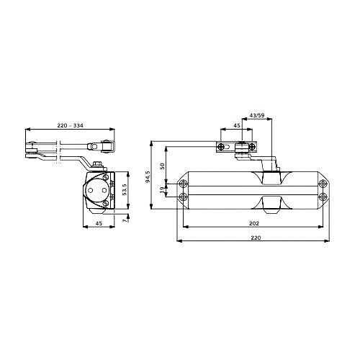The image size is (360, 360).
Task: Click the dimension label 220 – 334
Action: point(70,125)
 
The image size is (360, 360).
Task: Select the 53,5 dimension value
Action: point(125,189)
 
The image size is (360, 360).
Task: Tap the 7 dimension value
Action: point(125,220)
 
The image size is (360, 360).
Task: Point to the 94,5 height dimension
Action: point(148,177)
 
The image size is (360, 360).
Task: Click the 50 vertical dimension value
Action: point(162,166)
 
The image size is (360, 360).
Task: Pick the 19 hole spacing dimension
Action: point(162,189)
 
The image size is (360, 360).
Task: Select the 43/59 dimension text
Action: point(257,115)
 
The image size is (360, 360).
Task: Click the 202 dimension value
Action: point(254,223)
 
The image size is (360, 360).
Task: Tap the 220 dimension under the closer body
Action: point(256,238)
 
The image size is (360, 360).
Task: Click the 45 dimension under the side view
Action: point(99,223)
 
